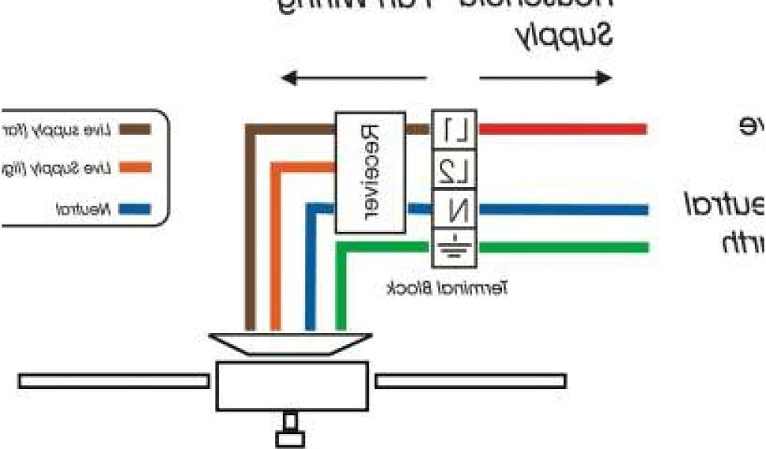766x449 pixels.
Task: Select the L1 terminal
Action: [x=455, y=131]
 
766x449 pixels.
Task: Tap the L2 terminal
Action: [x=455, y=171]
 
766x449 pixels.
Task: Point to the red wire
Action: [x=561, y=129]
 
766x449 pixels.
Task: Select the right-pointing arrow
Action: [x=546, y=78]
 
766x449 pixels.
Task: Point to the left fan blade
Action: [x=113, y=381]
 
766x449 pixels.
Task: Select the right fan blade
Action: [x=470, y=381]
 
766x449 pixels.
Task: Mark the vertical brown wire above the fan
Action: [x=251, y=239]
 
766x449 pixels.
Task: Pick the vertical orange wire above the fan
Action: [x=276, y=254]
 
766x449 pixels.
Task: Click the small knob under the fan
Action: [x=291, y=433]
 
